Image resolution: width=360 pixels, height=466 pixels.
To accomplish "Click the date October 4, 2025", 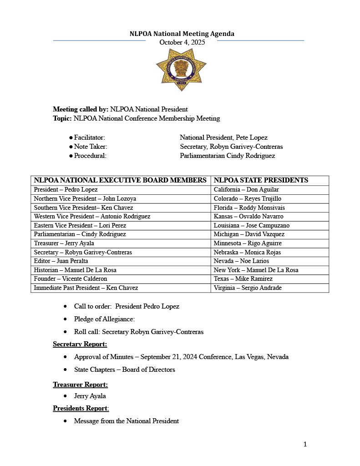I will [182, 42].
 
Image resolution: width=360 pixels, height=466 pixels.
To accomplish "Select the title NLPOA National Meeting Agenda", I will [182, 34].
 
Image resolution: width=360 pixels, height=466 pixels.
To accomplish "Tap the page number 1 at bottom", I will [305, 444].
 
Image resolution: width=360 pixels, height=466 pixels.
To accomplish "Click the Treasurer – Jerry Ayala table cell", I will [64, 243].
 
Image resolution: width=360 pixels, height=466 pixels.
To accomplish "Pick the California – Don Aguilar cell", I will [246, 190].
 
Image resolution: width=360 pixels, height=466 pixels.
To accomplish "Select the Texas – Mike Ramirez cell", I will [243, 279].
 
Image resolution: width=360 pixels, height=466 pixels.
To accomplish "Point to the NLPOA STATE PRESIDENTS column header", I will [261, 180].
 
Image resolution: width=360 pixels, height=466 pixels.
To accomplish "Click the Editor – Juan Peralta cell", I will [61, 261].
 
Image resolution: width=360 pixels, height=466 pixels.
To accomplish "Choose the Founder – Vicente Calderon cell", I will [70, 279].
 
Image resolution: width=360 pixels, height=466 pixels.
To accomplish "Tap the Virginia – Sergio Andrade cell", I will [248, 288].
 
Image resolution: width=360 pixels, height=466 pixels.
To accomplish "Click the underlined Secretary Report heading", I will [80, 344].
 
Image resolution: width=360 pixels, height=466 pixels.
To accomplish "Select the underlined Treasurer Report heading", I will [80, 385].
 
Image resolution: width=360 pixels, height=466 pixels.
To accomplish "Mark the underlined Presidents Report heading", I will [81, 408].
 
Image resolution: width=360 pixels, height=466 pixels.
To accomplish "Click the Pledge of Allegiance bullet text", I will [104, 319].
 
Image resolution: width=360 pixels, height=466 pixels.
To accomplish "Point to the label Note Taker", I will [91, 147].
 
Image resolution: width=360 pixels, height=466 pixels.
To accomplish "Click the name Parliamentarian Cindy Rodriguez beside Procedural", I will [227, 156].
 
